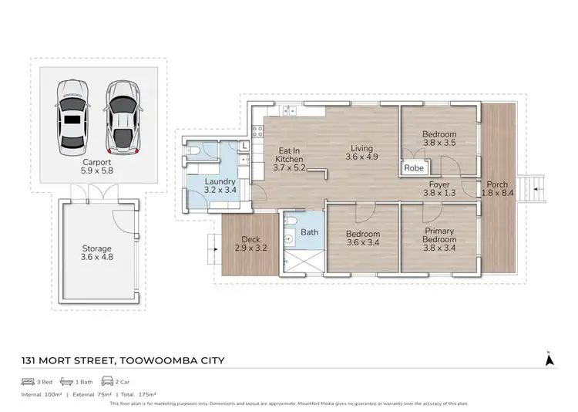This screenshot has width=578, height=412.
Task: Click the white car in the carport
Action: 70,117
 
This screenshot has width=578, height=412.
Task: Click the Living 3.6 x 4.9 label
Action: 361,154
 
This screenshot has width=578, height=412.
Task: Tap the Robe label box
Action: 414,167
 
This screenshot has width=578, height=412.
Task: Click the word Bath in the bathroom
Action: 310,231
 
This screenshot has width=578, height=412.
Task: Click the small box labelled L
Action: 244,145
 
